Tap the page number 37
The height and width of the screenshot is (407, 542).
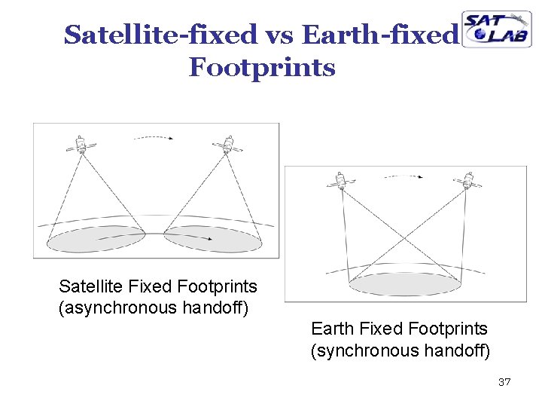coord(504,383)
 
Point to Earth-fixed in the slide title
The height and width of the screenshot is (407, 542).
coord(379,35)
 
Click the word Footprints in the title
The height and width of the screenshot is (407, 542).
coord(262,68)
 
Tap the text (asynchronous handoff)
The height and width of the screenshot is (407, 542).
coord(154,308)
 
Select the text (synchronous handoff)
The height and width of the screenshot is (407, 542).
coord(400,350)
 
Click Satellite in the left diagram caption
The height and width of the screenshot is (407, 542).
coord(92,286)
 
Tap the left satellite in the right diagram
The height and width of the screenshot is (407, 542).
coord(340,182)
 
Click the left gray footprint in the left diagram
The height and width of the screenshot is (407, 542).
coord(96,239)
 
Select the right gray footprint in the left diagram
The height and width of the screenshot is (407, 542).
coord(213,239)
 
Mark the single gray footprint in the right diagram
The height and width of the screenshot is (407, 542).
coord(404,283)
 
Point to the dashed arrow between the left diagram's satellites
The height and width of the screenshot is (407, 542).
coord(152,138)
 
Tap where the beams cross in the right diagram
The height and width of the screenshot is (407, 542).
coord(404,240)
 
